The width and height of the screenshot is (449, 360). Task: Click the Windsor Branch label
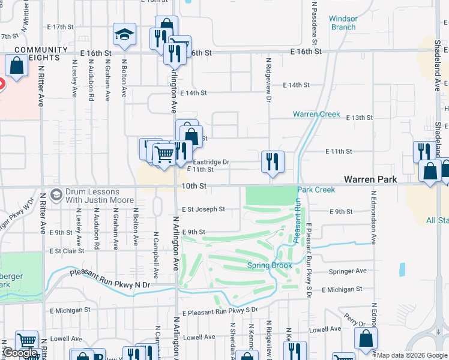(343, 23)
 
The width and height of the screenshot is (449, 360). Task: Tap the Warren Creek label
(316, 114)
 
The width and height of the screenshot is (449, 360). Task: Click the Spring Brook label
(270, 265)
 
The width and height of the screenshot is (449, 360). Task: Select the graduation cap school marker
(124, 35)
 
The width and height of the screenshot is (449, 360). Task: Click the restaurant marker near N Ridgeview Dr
(273, 161)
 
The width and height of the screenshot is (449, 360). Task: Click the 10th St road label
(194, 187)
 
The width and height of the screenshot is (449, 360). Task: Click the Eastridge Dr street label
(211, 162)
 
